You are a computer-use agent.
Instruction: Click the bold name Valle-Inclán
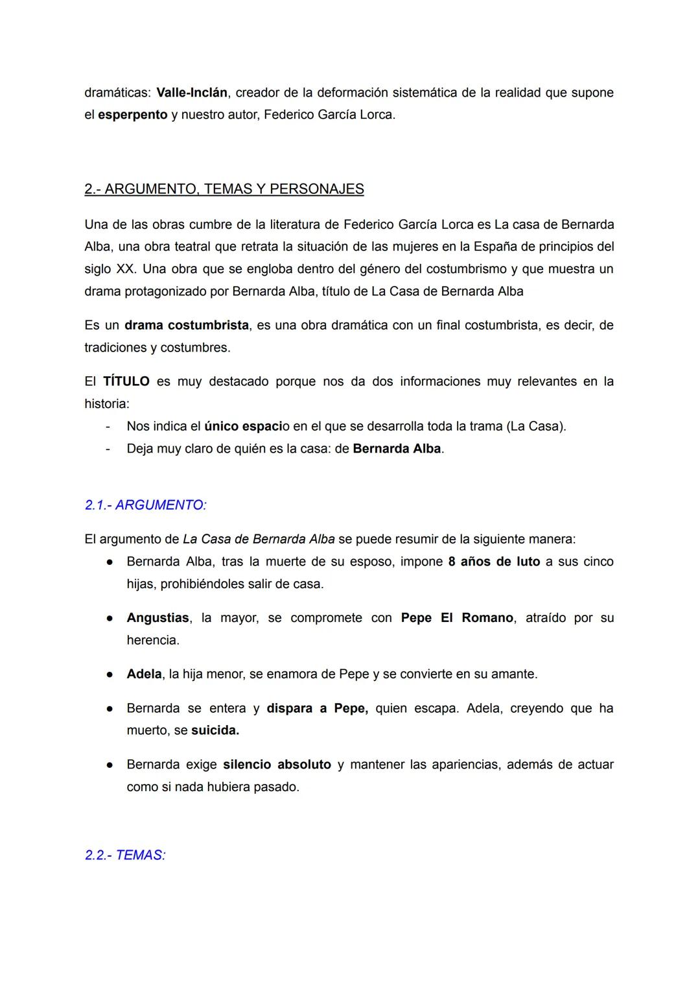tap(192, 93)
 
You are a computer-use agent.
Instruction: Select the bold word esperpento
tap(133, 115)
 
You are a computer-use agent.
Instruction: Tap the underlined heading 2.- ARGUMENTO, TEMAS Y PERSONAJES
tap(224, 189)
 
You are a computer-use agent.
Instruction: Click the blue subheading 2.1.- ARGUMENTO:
tap(146, 505)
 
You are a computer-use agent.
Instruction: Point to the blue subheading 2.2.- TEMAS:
tap(125, 855)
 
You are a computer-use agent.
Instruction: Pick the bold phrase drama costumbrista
tap(187, 326)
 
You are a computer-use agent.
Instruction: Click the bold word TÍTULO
tap(126, 381)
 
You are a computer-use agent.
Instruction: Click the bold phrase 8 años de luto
tap(494, 562)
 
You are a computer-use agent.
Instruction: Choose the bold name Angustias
tap(157, 618)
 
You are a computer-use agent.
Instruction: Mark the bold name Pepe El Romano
tap(457, 618)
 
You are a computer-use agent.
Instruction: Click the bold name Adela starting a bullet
tap(144, 674)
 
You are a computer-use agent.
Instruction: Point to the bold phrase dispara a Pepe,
tap(317, 708)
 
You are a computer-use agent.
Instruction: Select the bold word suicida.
tap(215, 731)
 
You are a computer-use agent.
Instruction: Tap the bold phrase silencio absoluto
tap(277, 765)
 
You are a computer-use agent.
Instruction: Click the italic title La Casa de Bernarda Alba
tap(259, 540)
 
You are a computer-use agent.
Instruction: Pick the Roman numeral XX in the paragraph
tap(124, 269)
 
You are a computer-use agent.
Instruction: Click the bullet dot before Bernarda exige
tap(111, 765)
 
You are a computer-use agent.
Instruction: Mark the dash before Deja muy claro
tap(107, 449)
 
